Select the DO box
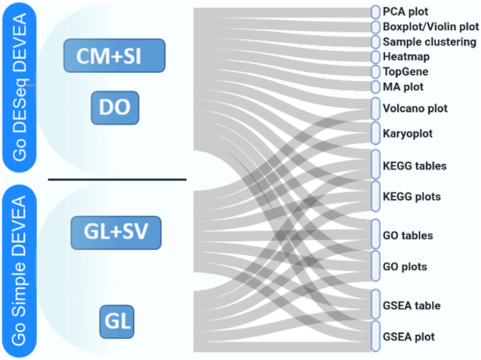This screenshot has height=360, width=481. pos(115,107)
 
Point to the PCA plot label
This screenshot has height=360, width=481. pos(406,11)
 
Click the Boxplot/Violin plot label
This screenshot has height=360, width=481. pos(430,26)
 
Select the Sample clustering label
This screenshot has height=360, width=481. pos(429,42)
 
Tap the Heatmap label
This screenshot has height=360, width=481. pos(406,56)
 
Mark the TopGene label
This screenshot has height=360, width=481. pos(405,72)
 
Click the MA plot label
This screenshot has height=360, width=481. pos(403,87)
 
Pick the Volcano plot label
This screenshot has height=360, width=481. pos(415,109)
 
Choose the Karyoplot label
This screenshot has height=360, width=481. pos(408,134)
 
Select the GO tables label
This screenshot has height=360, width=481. pos(408,236)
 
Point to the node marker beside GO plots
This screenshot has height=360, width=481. pos(375,265)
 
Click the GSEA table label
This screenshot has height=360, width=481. pos(412,305)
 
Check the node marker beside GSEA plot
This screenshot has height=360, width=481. pos(375,336)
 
